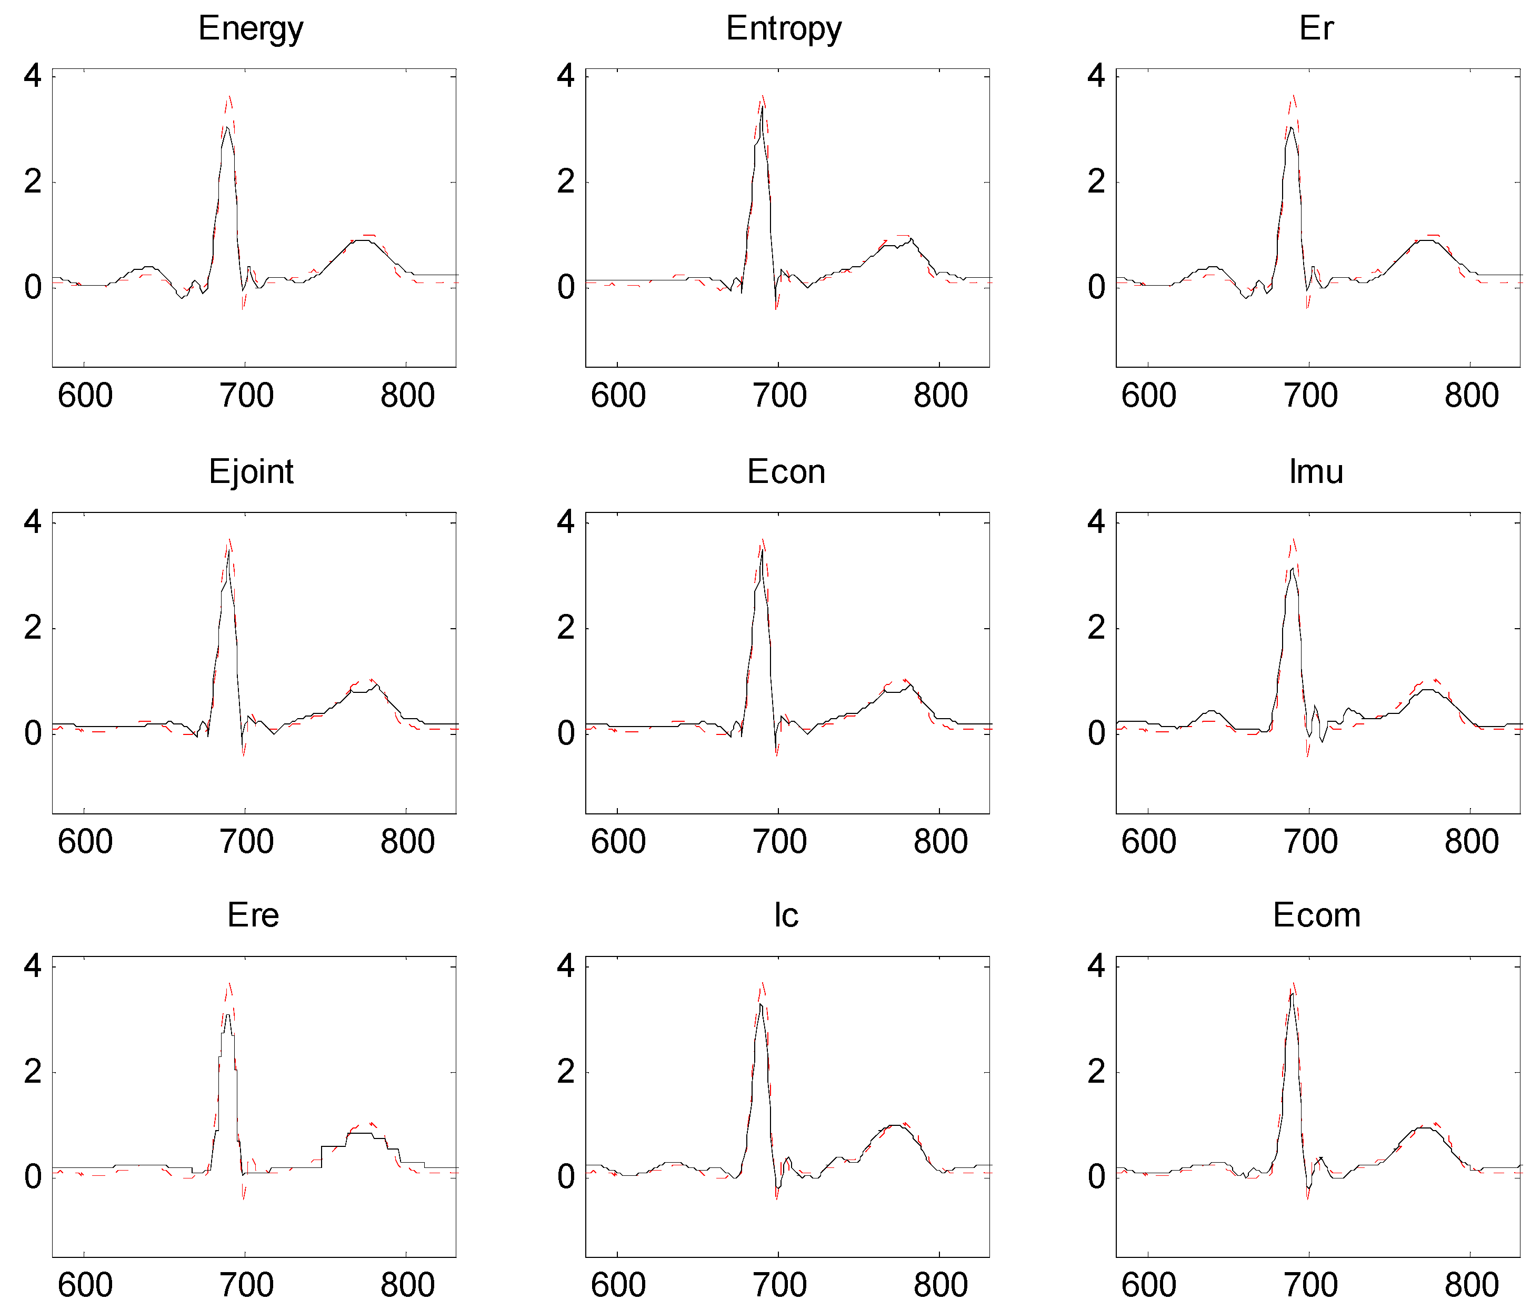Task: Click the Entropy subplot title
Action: click(x=784, y=29)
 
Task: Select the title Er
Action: click(x=1316, y=29)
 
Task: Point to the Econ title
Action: click(x=786, y=472)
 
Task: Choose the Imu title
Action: click(x=1316, y=472)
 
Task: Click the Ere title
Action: click(x=253, y=915)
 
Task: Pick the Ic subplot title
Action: click(x=786, y=915)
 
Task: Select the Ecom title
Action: click(x=1316, y=915)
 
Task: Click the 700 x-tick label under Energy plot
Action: click(x=246, y=396)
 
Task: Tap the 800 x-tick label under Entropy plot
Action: click(x=940, y=396)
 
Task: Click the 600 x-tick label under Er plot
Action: click(x=1148, y=396)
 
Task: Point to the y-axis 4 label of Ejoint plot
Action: click(x=33, y=522)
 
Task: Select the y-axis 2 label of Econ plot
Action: click(x=565, y=628)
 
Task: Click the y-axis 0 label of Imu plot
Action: click(x=1096, y=733)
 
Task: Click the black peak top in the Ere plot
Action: click(x=228, y=1015)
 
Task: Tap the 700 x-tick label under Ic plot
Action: click(x=779, y=1284)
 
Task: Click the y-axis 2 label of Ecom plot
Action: click(x=1096, y=1072)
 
